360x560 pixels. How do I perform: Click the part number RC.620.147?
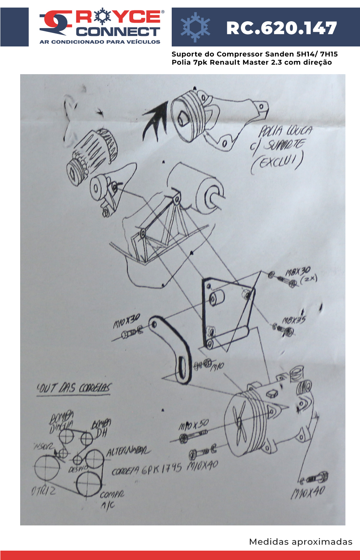tap(281, 28)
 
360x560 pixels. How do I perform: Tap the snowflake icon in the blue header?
tap(195, 27)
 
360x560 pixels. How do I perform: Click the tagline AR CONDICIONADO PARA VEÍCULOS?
tap(100, 42)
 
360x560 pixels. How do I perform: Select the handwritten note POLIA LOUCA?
tap(285, 131)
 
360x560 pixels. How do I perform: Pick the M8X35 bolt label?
tap(294, 320)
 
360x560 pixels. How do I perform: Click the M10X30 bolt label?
tap(126, 321)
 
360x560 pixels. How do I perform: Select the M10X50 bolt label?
tap(194, 425)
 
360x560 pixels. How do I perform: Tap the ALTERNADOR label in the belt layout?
tap(129, 451)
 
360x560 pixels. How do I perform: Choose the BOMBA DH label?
tap(101, 429)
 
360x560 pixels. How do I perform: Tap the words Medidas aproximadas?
tap(301, 542)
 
